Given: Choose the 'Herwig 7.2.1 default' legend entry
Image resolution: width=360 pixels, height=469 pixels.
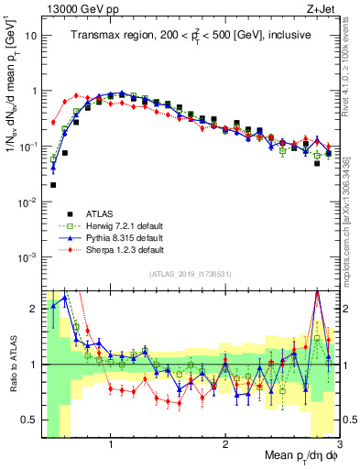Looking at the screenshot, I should point(119,225).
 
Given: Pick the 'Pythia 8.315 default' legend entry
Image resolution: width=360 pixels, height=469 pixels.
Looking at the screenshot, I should point(119,237).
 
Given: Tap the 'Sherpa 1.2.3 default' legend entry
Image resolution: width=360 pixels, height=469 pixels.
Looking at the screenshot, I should point(119,249).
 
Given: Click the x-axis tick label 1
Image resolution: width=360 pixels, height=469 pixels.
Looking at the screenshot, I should point(111,449).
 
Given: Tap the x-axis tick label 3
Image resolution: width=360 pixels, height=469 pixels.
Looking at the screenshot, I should point(338,449).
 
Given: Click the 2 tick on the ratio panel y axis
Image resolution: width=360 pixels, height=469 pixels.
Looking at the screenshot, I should point(34,309).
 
